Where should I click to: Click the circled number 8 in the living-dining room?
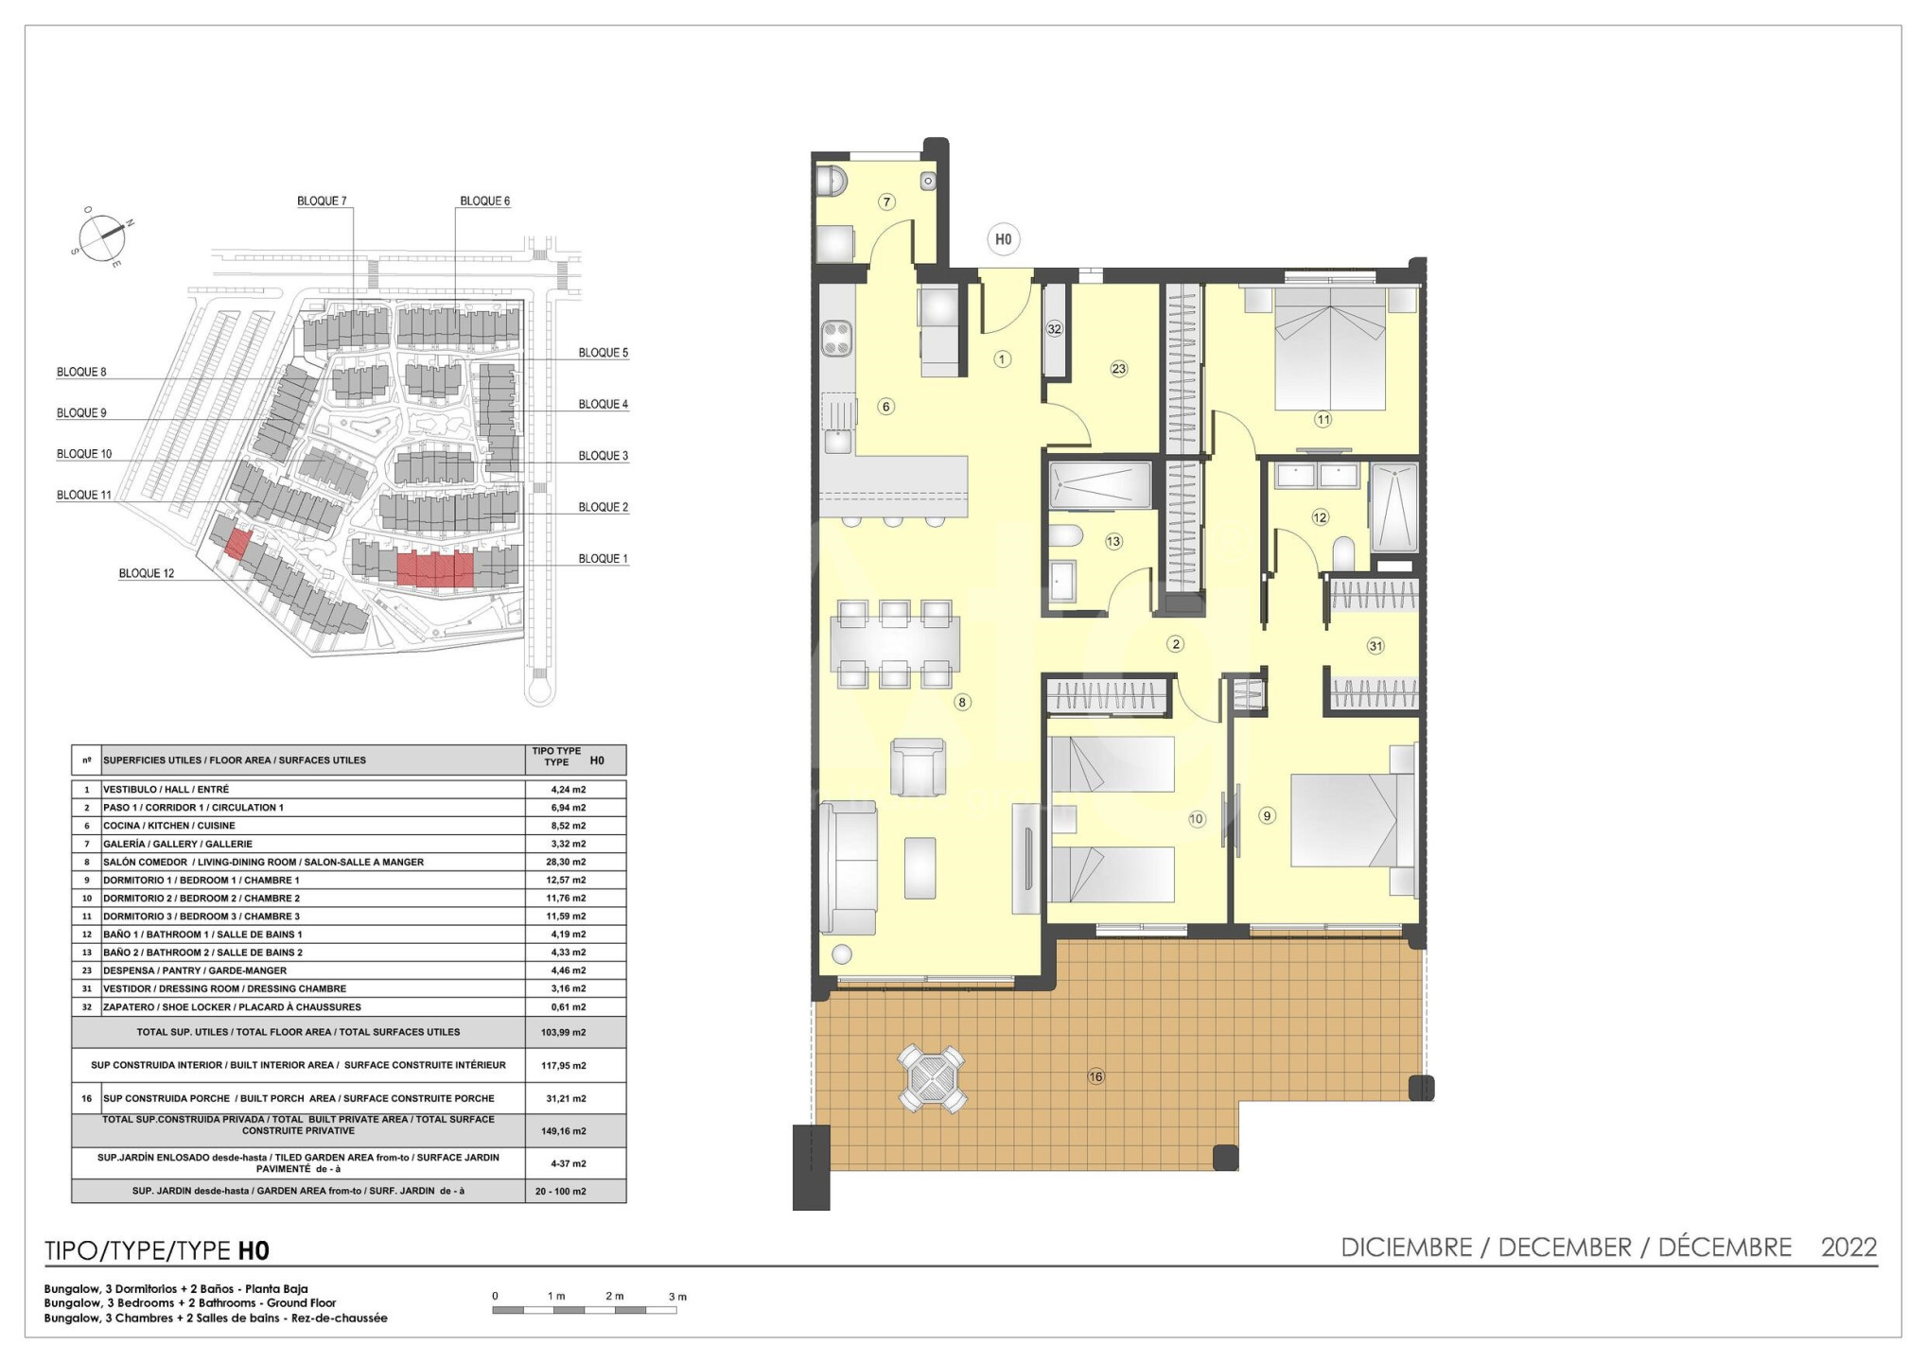[962, 703]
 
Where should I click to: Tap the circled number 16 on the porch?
[1095, 1076]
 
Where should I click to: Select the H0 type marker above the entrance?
[1003, 239]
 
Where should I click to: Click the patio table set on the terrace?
[932, 1077]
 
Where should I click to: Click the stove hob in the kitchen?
[836, 339]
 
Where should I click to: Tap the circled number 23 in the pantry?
[1119, 369]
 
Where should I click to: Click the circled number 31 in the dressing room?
[1375, 646]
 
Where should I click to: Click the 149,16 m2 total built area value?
[564, 1131]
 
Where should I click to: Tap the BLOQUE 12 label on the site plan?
[147, 573]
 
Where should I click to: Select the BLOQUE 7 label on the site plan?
[322, 201]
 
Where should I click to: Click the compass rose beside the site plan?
[101, 236]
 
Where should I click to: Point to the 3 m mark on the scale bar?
[677, 1297]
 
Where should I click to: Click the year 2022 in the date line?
[1849, 1248]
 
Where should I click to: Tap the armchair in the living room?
[918, 767]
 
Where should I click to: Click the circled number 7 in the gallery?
[886, 201]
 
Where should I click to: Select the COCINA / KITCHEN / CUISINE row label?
[169, 826]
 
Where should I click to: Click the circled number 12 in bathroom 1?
[1320, 517]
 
